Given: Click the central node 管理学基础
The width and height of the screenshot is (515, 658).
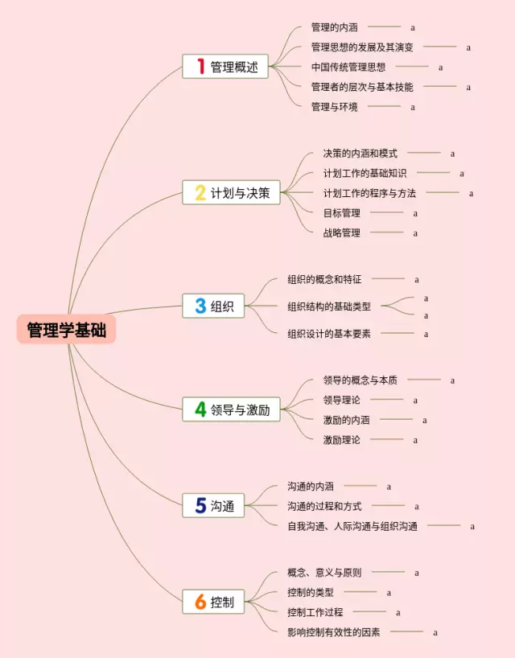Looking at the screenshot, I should coord(66,330).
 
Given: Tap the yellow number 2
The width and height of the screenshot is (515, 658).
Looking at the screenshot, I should coord(200,192).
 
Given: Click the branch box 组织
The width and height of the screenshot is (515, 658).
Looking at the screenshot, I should coord(213,306).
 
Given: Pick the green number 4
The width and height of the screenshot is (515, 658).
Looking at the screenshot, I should coord(200,409).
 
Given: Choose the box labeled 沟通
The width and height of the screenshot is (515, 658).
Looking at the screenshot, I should coord(213,505).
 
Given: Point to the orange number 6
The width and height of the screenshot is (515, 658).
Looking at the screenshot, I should coord(200,601).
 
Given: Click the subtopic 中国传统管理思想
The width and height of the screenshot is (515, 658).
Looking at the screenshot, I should coord(348,67).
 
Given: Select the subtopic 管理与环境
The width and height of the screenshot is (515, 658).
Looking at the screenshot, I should coord(334,106).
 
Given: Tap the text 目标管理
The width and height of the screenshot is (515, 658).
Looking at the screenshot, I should coord(341,213).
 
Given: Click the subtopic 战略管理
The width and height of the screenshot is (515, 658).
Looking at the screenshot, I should coord(341,232).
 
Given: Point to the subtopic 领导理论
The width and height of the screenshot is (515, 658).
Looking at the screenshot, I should coord(341,400).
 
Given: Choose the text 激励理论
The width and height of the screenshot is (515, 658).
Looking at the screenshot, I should coord(341,439).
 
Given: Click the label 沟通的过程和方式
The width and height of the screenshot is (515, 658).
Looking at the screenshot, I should coord(324,506).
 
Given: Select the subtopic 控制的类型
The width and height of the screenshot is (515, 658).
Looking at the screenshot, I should coord(310,592).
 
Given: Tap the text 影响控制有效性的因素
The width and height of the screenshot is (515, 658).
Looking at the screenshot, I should coord(333,631).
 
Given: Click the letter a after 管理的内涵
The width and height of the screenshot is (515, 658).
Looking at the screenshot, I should coord(413,27).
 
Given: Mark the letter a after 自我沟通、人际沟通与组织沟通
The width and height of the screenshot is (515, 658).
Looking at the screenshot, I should coord(472,526).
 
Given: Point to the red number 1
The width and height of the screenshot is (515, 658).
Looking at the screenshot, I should coord(200,66).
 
